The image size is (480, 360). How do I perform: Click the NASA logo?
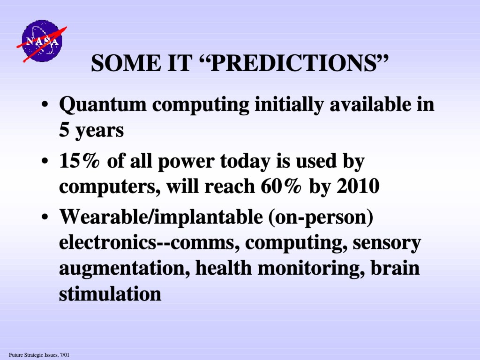pos(42,41)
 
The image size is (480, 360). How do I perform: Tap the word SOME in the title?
pos(126,63)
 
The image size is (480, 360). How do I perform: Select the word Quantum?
pos(103,105)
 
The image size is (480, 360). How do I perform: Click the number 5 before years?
pos(64,130)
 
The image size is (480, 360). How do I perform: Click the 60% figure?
pos(281,186)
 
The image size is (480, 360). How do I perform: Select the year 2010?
pos(358,186)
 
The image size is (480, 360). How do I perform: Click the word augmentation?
pos(124,269)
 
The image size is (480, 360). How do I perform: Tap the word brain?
pos(395,268)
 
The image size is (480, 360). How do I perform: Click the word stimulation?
pos(110,294)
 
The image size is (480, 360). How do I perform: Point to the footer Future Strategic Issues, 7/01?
pos(39,355)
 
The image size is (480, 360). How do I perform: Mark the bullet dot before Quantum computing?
pos(45,105)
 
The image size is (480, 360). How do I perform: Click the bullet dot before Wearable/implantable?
pos(45,217)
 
